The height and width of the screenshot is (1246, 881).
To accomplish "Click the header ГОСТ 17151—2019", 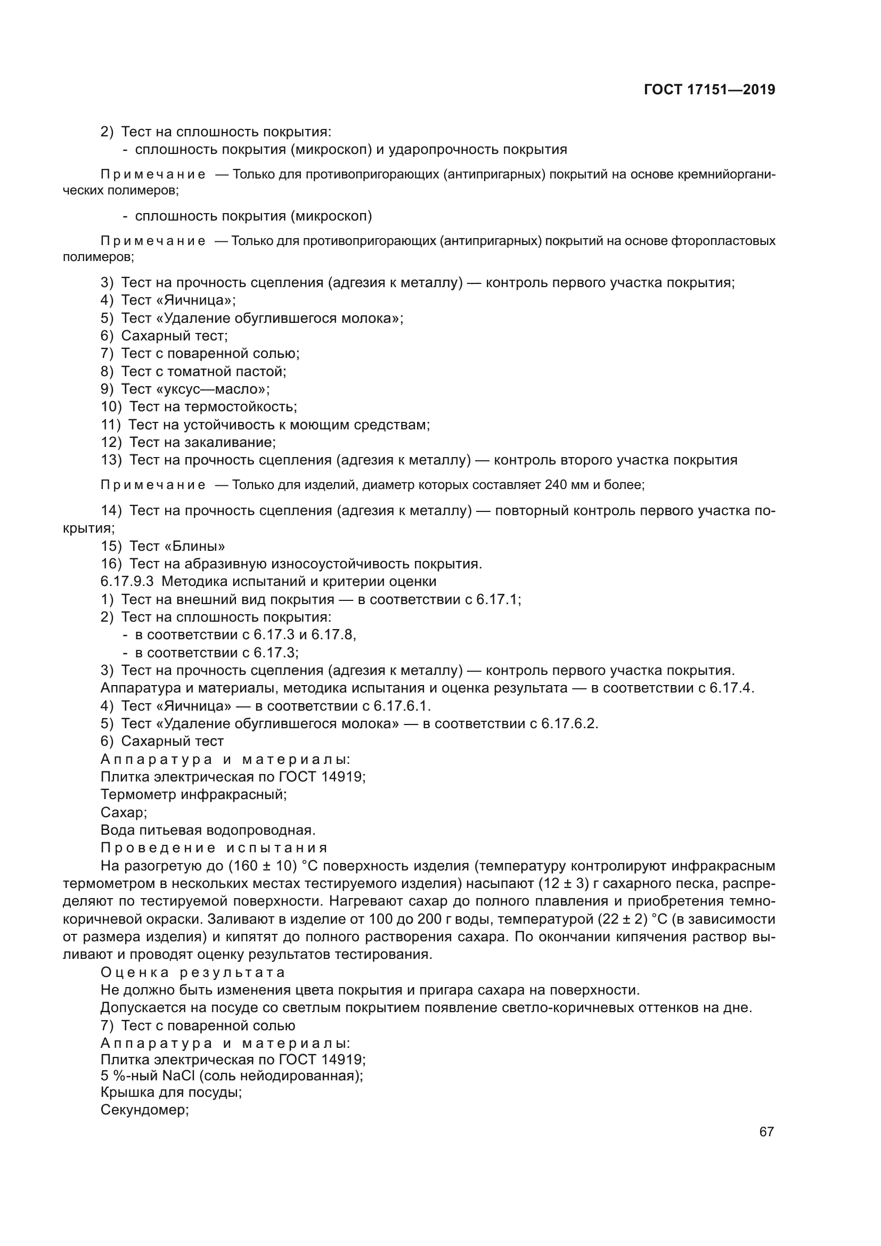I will coord(709,89).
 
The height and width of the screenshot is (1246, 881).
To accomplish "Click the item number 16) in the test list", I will coord(111,564).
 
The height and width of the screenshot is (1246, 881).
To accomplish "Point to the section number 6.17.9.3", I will coord(127,582).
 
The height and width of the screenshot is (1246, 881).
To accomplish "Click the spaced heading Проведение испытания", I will coord(214,848).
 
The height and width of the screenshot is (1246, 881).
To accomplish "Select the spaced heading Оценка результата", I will coord(193,973).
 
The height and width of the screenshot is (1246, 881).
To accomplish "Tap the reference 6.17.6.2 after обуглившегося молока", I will coord(569,724).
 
